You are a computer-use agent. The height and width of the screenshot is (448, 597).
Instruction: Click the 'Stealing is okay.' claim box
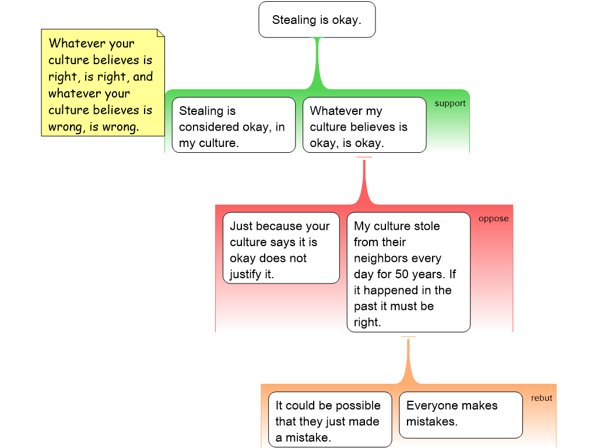pos(317,20)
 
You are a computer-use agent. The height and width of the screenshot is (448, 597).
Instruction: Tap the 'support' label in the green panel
pos(450,103)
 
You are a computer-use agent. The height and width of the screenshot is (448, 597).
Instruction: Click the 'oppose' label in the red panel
pos(493,219)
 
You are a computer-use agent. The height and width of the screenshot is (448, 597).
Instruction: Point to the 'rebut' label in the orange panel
pos(541,398)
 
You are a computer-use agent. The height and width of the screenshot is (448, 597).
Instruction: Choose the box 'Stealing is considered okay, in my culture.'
pos(233,127)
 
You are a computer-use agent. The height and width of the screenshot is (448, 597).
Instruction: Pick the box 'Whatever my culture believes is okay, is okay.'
pos(364,127)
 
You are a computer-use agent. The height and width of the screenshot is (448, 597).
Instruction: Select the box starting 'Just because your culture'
pos(280,250)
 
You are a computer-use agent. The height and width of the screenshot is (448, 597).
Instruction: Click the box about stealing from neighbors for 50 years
pos(408,274)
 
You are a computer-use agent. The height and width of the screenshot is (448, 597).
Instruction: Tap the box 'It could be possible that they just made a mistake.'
pos(328,421)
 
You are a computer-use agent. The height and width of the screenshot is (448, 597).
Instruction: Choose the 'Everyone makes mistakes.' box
pos(460,414)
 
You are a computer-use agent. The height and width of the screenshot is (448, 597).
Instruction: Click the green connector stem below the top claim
pos(317,64)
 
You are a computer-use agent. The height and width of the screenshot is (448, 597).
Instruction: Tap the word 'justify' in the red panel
pos(246,274)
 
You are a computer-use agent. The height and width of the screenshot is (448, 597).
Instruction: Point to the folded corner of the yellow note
pos(160,33)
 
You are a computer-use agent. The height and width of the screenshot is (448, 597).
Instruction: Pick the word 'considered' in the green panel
pos(208,127)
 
